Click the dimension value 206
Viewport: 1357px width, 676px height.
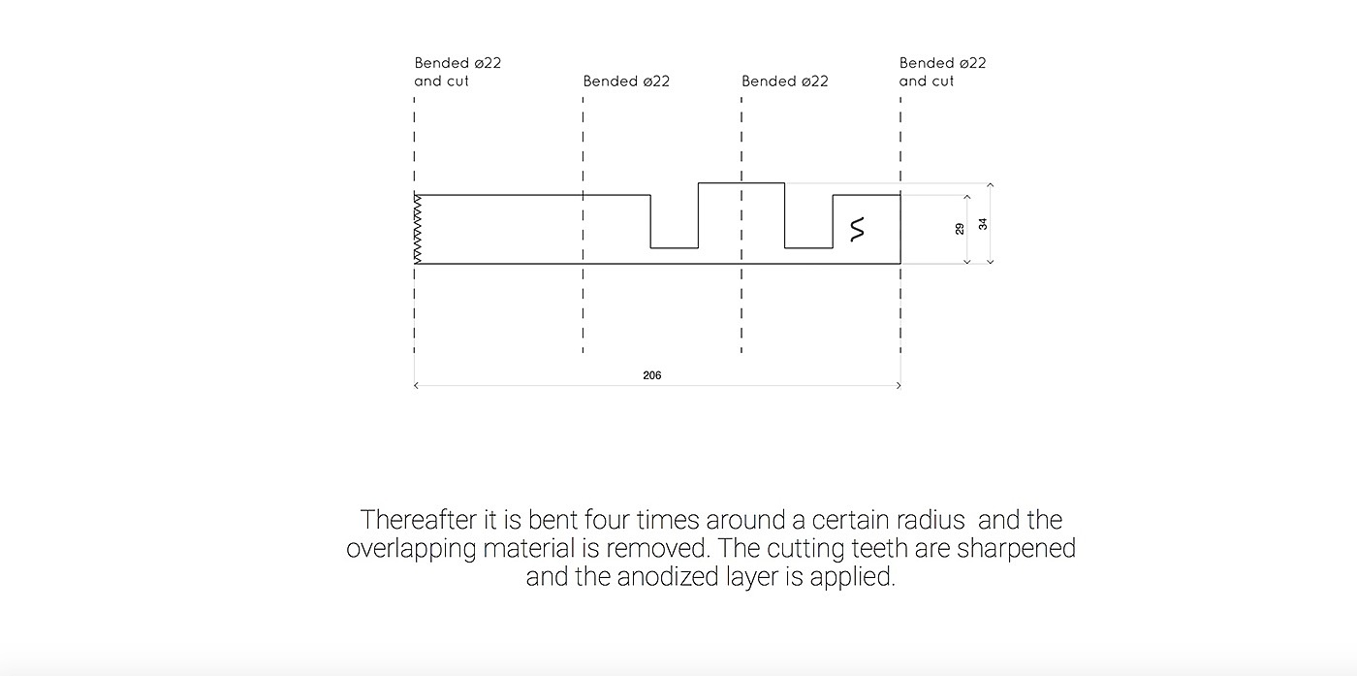651,375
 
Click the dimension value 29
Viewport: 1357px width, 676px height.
960,229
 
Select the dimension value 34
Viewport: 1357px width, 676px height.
983,223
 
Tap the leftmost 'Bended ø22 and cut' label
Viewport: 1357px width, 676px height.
458,72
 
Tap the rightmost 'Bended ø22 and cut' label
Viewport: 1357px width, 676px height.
942,72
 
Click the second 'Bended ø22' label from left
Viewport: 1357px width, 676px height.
626,81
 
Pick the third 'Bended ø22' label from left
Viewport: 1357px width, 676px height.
785,81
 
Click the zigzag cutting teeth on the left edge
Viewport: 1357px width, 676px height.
419,229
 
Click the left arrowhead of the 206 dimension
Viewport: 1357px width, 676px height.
416,386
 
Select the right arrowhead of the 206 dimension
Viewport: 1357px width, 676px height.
899,386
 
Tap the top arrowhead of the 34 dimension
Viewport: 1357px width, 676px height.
990,184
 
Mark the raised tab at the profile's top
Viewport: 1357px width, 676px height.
742,189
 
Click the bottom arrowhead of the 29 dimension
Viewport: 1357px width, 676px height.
967,261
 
